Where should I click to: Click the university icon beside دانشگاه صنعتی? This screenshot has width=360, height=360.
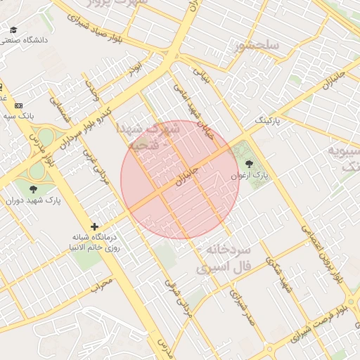tap(13, 30)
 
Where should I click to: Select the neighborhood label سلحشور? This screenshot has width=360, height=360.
tap(257, 46)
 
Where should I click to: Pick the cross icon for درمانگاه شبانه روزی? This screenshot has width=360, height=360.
tap(95, 226)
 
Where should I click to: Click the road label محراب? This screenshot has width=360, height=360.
tap(102, 286)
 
